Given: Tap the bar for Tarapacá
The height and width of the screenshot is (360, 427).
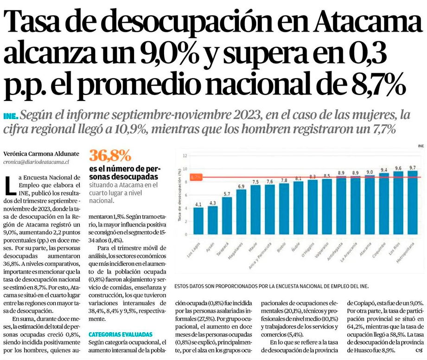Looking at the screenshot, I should (x=227, y=215).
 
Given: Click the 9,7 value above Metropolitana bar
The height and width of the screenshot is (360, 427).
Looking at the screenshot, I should (x=412, y=167).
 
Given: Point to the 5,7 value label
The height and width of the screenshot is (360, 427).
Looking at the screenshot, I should (x=227, y=193).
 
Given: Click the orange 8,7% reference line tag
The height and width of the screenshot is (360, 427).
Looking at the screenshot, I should (x=196, y=177).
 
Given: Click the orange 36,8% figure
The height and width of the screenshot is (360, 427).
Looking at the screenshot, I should (x=110, y=155).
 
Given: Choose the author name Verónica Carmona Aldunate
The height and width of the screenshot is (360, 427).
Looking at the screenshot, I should (x=41, y=153).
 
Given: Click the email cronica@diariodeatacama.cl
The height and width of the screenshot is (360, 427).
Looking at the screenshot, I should (x=36, y=162).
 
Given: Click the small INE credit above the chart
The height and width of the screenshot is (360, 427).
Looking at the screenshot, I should (x=421, y=146).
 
